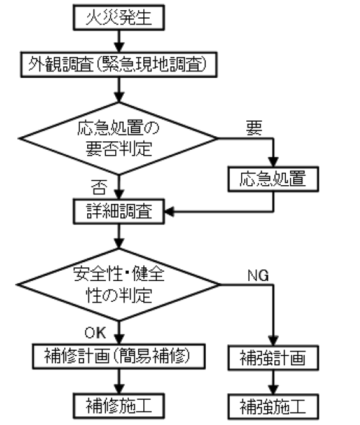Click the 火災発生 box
pos(119,17)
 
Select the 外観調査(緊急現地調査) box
pos(119,65)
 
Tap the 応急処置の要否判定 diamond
pos(119,138)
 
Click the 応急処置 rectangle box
pos(273,179)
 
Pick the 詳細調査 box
pos(119,211)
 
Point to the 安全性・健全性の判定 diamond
pos(119,285)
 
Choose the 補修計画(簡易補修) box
pos(119,356)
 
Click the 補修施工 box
pos(119,406)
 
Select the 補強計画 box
pos(273,357)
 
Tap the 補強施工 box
pos(273,406)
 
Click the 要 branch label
pos(254,128)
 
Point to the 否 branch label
pos(99,187)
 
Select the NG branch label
pos(258,276)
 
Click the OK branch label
pos(95,333)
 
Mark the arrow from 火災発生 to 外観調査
pos(119,41)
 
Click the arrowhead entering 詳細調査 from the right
pos(169,211)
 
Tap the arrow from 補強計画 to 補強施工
pos(273,382)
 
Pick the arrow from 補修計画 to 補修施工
pos(119,381)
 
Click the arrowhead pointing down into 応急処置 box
pos(273,162)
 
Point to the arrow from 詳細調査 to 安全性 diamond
pos(119,236)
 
